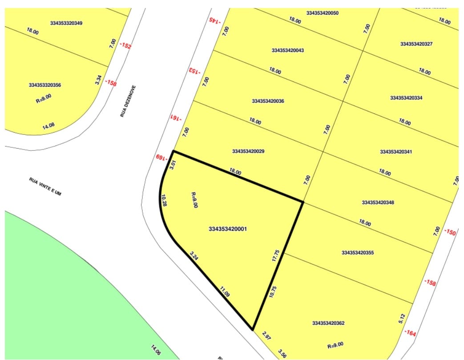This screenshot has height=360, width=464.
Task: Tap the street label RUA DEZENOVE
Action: (x=128, y=101)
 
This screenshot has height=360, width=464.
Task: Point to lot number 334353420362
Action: (x=328, y=323)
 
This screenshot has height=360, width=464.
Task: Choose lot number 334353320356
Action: (x=45, y=85)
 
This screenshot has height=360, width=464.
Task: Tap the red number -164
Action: (x=410, y=332)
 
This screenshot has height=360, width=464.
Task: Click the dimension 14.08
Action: (x=48, y=127)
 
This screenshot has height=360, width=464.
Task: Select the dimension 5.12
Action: (x=402, y=318)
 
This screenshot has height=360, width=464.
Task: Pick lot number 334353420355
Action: (x=358, y=253)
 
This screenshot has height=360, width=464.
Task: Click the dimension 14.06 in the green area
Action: (x=156, y=350)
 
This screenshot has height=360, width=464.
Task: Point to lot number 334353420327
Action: (x=416, y=44)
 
